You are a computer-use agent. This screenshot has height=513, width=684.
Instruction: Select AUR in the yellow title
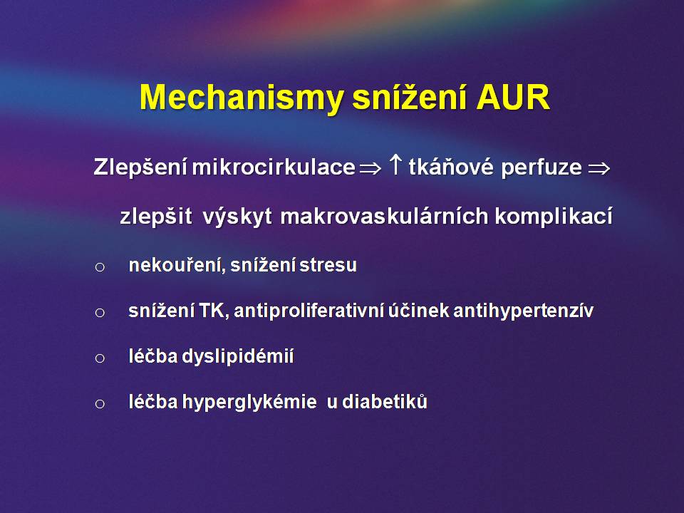click(513, 97)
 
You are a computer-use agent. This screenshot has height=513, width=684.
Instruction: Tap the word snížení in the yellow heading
click(410, 97)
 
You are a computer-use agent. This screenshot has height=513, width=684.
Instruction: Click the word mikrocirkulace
click(274, 167)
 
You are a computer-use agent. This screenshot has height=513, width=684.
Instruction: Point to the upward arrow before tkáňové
click(395, 165)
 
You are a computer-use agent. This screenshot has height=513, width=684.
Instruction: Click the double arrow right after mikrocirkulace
click(370, 168)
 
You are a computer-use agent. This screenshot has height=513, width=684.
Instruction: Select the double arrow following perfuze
click(598, 168)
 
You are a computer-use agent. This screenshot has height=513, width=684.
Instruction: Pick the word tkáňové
click(452, 167)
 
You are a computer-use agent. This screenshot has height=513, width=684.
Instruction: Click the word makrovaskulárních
click(384, 217)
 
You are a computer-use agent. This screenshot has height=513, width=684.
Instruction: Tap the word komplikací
click(554, 217)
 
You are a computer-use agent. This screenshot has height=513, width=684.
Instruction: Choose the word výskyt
click(237, 217)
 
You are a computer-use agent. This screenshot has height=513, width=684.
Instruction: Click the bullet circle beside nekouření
click(100, 266)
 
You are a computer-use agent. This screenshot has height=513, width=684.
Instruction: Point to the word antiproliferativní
click(309, 311)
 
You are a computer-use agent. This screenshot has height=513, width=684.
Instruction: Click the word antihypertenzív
click(524, 311)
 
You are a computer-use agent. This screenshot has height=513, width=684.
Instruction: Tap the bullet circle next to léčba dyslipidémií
click(100, 358)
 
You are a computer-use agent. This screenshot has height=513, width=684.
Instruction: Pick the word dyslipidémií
click(238, 356)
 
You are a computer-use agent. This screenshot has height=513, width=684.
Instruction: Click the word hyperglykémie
click(249, 402)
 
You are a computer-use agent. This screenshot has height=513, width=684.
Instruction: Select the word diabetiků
click(385, 402)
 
